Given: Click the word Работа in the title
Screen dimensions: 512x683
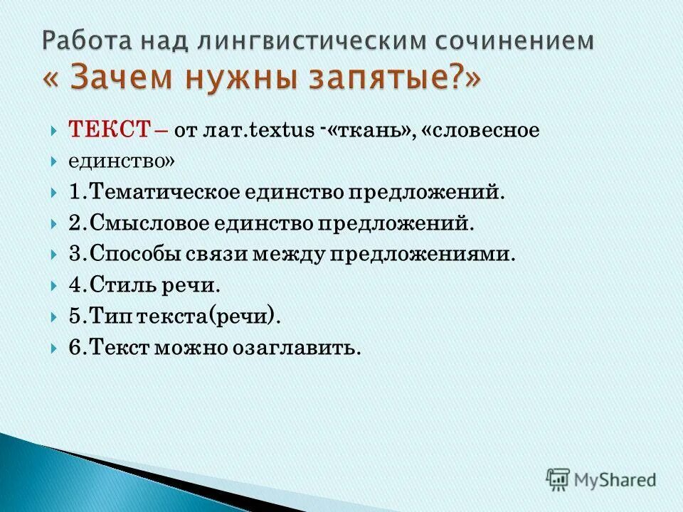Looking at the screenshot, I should (x=80, y=41).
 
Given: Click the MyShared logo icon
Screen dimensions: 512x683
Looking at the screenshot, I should (x=558, y=479).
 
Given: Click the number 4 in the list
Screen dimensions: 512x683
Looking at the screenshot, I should (x=75, y=286).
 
